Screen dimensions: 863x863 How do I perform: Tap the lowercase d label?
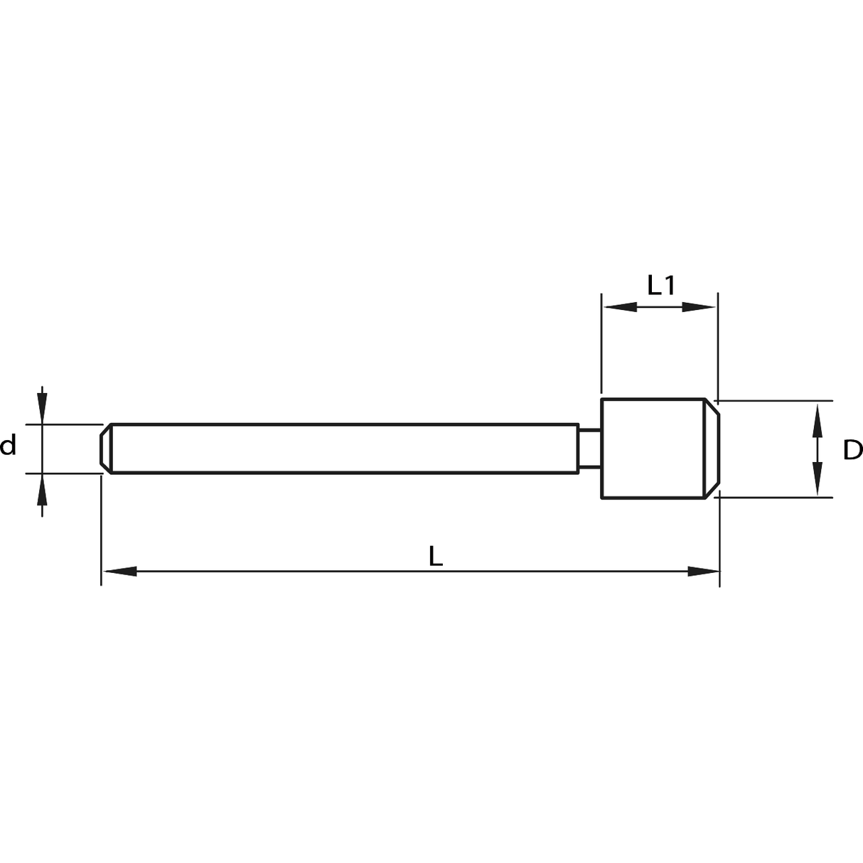8,445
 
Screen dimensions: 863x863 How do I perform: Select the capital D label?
853,450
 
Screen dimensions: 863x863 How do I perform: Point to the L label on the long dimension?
435,556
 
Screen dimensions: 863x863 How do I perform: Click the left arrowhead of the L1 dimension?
621,307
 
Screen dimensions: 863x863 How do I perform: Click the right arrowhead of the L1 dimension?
699,307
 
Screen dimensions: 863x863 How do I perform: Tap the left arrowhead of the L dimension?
120,571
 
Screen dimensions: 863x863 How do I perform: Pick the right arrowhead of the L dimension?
704,571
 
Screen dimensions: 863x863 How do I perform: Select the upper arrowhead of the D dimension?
818,421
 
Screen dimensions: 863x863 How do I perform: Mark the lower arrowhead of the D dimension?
818,478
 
